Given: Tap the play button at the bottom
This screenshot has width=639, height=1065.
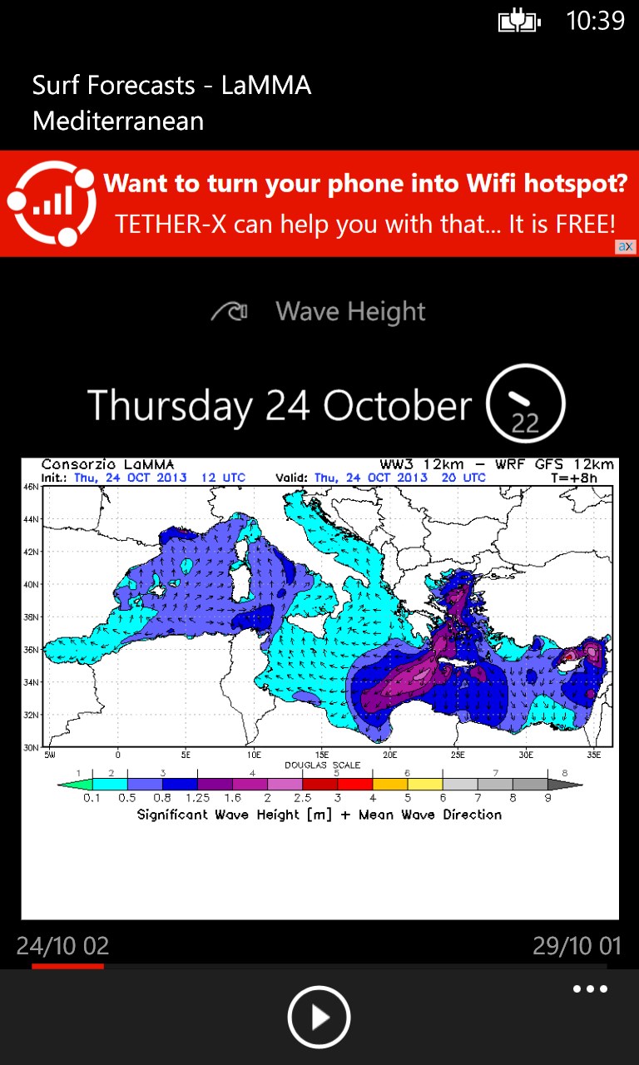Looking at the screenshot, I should coord(319,1017).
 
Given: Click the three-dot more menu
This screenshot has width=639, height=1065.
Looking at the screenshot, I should coord(590,989).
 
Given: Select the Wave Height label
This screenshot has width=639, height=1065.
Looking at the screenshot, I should coord(350,312).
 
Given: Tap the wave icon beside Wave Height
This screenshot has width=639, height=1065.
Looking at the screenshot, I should coord(230,312).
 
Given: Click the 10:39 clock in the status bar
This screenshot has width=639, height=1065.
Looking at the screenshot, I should coord(595,21).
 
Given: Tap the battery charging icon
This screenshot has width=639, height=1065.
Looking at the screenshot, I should coord(519,22).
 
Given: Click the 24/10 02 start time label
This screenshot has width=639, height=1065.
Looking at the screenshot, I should coord(63,946).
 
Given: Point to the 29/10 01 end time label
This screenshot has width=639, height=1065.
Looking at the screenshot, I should coord(577,946).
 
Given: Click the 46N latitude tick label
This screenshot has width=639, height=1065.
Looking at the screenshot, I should coord(31,488).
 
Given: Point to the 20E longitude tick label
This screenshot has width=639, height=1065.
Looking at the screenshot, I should coord(389,755).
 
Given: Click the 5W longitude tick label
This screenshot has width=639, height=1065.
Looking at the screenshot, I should coord(50,755).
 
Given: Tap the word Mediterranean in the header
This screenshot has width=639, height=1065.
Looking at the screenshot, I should coord(118,121).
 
